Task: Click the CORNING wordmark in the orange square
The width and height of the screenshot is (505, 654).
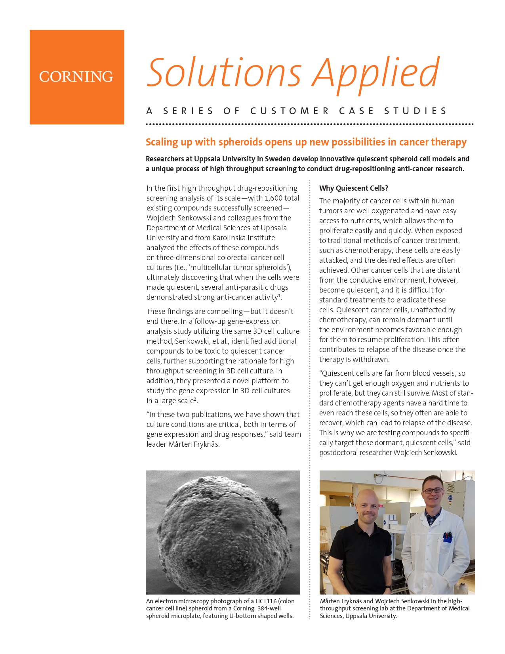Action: [76, 76]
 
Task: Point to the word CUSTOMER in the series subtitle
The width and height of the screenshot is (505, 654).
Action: [290, 111]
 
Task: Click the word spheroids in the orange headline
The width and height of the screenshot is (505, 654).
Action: [240, 142]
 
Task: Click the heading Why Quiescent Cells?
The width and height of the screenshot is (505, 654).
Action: [353, 188]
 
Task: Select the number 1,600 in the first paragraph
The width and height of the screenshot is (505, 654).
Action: [274, 198]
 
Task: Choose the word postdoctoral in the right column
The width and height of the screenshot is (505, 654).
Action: [338, 453]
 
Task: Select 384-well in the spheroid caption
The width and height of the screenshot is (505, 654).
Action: [269, 608]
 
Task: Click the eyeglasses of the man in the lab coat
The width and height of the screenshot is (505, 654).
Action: [433, 491]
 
